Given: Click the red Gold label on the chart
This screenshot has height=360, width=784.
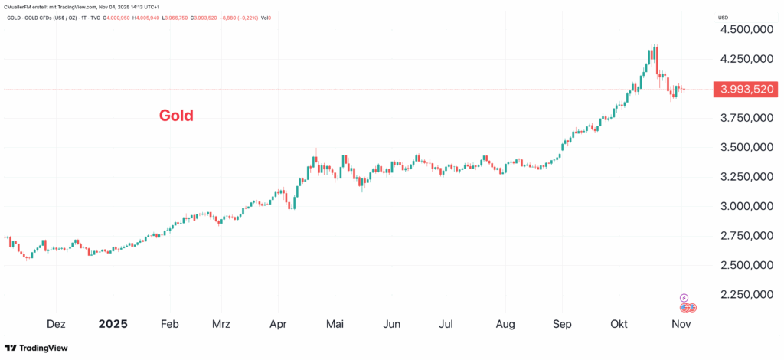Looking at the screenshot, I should tap(176, 116).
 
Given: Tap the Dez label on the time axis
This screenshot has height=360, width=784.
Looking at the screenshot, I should tap(57, 324).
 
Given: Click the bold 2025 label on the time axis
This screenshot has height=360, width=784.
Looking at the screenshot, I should tap(113, 324).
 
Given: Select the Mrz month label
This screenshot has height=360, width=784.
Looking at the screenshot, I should tap(221, 324).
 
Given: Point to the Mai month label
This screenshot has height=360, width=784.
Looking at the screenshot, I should tap(335, 324).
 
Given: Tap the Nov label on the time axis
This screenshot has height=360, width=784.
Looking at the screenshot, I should tap(681, 324).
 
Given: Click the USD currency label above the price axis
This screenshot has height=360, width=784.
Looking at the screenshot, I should tap(723, 17).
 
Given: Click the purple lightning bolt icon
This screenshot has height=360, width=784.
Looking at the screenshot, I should tap(684, 297).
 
